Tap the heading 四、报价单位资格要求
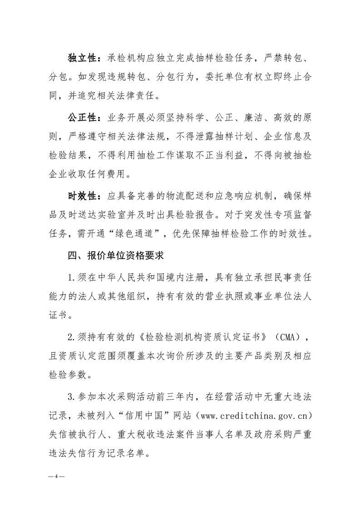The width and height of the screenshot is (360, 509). pyautogui.click(x=115, y=255)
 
